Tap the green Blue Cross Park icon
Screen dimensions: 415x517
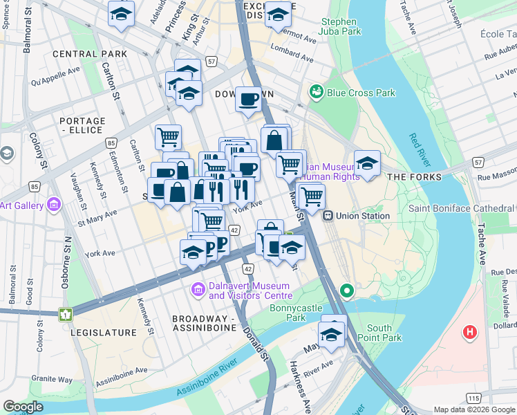[x=317, y=92]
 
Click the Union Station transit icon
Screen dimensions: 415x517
[x=329, y=216]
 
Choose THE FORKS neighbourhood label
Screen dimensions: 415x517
[x=414, y=177]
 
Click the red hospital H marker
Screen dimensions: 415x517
[x=470, y=333]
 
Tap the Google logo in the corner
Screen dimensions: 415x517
[x=23, y=407]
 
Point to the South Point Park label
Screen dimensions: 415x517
[x=384, y=333]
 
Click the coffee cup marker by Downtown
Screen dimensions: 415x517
[x=248, y=99]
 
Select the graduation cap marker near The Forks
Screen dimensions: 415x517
[x=367, y=164]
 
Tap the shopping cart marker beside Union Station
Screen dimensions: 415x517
[x=311, y=196]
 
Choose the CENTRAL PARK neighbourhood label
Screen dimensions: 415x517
[x=89, y=54]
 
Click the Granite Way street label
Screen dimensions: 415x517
[x=53, y=379]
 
